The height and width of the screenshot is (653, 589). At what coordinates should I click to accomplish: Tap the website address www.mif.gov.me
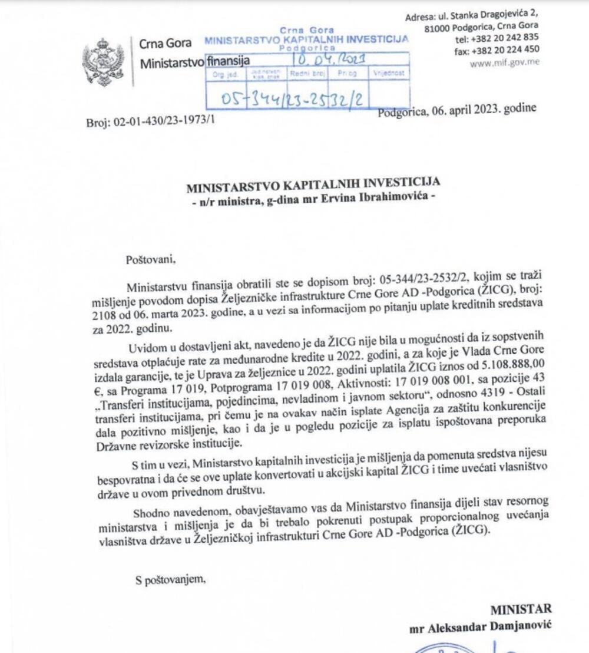tap(504, 62)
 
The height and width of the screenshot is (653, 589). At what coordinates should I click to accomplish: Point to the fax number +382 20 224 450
tap(505, 51)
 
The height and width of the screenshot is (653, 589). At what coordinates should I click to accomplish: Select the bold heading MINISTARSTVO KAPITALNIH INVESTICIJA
tap(313, 188)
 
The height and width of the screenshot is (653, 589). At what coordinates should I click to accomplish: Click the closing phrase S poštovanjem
tap(171, 580)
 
